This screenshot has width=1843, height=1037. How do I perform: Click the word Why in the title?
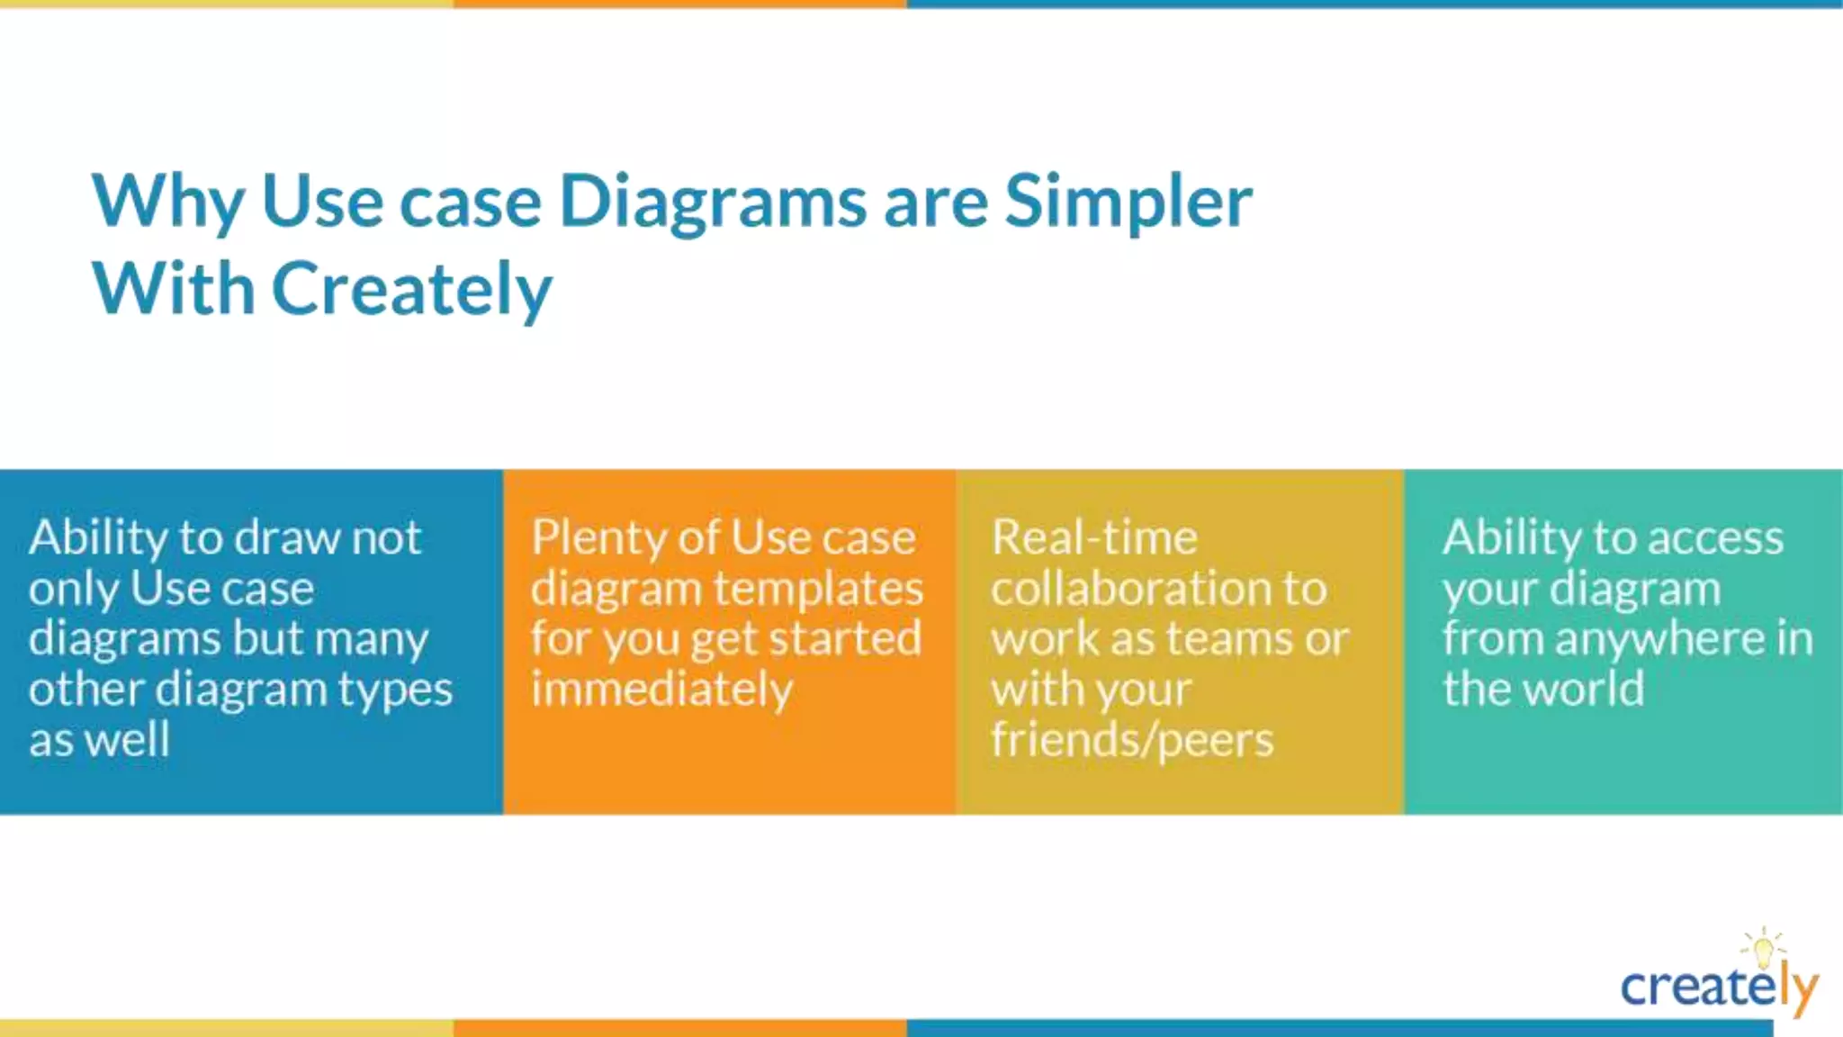click(x=167, y=203)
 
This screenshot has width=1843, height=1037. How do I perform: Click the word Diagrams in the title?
click(x=713, y=203)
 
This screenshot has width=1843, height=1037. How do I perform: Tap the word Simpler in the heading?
click(x=1128, y=203)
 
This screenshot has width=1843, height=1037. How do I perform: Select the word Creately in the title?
click(x=412, y=290)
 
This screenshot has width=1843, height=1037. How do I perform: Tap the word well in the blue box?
click(x=129, y=740)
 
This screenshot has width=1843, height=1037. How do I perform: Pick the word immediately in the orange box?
click(x=661, y=690)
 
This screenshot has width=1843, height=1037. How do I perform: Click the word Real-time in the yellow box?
click(x=1094, y=538)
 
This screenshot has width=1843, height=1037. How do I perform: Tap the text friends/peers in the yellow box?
click(x=1132, y=740)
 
